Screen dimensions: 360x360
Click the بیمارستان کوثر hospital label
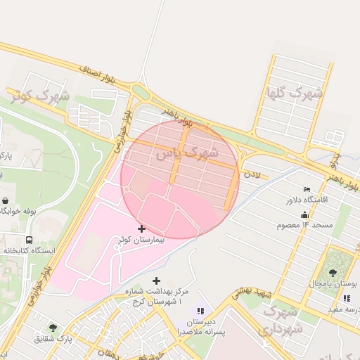(140, 240)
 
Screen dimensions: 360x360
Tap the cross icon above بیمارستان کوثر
(142, 229)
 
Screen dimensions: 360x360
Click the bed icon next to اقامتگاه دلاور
(307, 189)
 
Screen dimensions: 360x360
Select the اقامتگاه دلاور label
(307, 200)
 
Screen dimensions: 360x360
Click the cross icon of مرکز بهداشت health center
(156, 281)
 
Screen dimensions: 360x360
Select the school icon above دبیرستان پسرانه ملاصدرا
(200, 310)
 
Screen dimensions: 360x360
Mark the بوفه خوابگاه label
(18, 210)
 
